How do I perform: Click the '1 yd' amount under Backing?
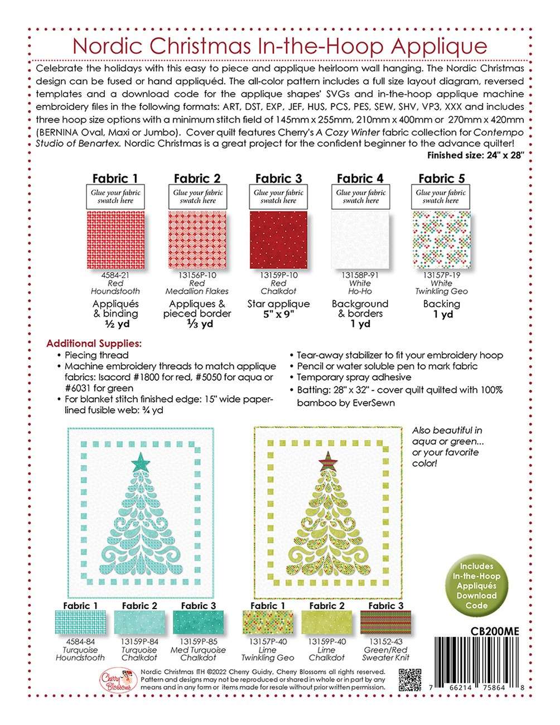coord(441,314)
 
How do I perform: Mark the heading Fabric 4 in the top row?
coord(360,178)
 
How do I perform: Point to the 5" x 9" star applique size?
coord(278,314)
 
